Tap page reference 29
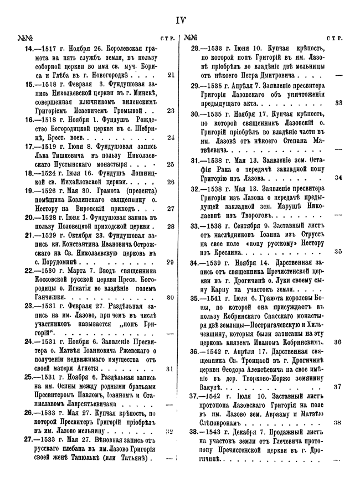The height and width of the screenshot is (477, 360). click(x=171, y=262)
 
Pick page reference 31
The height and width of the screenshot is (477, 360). click(x=171, y=368)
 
